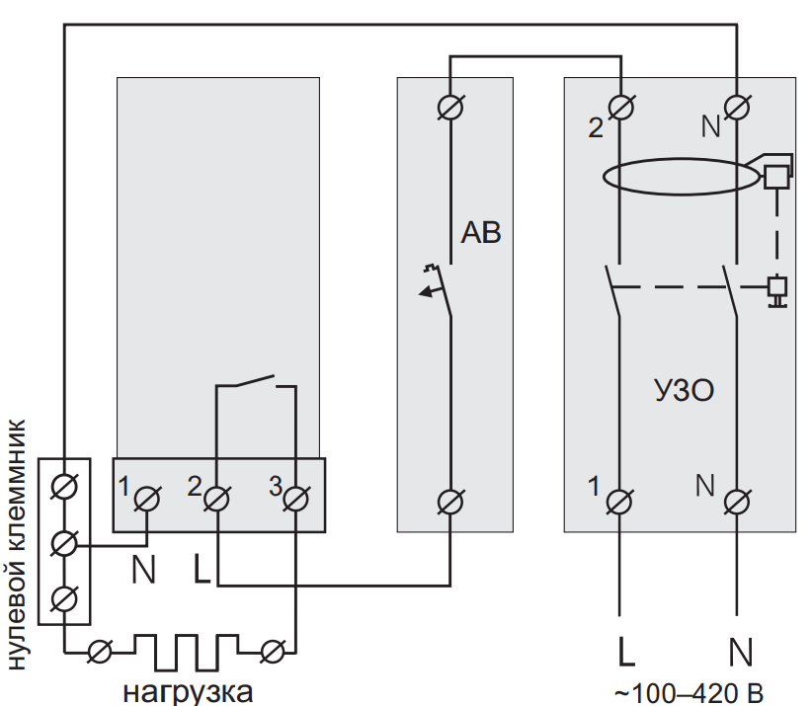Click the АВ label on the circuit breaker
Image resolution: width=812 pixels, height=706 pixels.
(481, 232)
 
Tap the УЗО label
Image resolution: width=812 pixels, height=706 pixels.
(685, 390)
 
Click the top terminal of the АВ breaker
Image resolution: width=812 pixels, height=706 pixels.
(450, 108)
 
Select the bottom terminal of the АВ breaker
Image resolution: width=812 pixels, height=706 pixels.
(450, 502)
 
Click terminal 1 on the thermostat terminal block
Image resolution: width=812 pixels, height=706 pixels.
(147, 500)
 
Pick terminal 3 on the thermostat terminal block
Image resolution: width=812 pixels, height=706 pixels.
(295, 500)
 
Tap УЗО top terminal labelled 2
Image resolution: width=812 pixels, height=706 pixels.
(620, 108)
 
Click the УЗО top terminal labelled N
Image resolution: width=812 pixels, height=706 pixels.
(737, 108)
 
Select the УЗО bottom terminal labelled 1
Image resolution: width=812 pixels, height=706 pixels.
(619, 502)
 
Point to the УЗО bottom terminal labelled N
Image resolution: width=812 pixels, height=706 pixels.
(737, 502)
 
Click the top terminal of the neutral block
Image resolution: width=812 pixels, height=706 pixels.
(65, 487)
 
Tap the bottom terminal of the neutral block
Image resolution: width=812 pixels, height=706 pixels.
(65, 599)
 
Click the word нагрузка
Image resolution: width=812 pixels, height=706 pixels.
(188, 692)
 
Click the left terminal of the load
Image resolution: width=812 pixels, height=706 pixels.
(100, 652)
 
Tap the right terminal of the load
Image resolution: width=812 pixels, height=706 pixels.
(273, 652)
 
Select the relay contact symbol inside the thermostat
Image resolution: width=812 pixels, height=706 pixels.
(256, 381)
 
